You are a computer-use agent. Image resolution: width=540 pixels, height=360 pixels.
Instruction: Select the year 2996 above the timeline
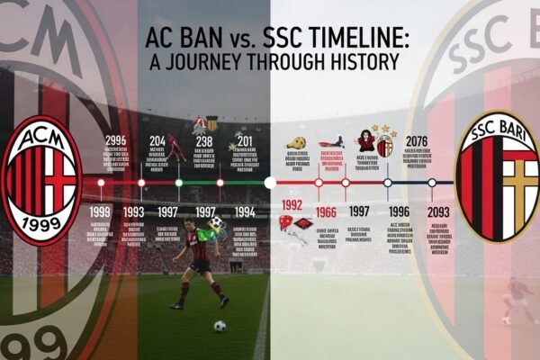(x=116, y=140)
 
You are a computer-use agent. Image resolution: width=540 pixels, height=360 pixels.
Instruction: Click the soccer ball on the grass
(x=220, y=326)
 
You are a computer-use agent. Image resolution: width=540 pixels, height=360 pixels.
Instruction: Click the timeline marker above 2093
(x=433, y=183)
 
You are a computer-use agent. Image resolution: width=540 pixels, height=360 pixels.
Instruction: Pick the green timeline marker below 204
(x=178, y=183)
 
